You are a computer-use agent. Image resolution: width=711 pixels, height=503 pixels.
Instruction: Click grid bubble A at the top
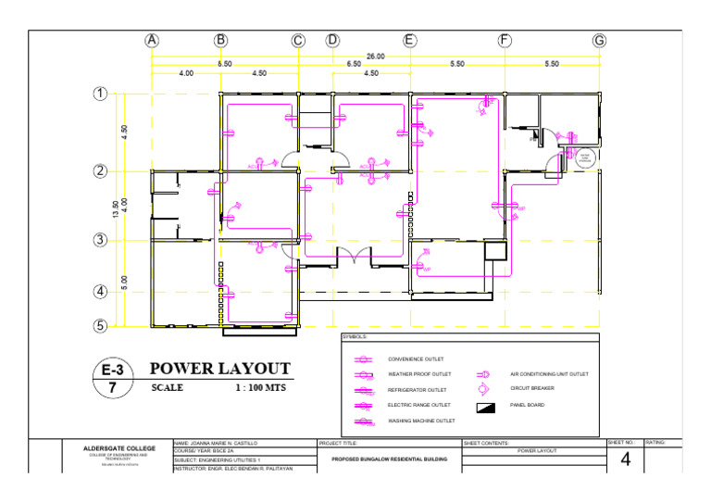152,41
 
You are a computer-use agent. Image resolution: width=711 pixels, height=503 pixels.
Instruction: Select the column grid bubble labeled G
600,41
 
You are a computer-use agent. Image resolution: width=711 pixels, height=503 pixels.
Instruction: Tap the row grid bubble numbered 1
99,94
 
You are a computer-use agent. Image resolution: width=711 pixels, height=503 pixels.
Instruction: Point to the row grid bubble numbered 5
99,326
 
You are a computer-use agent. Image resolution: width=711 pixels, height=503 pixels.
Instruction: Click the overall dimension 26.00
375,57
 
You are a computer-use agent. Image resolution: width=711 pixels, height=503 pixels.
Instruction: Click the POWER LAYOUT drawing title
220,369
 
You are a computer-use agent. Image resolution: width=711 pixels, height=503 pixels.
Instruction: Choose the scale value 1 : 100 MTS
263,388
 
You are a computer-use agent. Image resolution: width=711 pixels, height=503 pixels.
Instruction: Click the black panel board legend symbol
486,407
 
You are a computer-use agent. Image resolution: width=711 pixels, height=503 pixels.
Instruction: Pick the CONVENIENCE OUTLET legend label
416,358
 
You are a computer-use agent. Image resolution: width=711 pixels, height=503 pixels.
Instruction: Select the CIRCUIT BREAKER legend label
532,389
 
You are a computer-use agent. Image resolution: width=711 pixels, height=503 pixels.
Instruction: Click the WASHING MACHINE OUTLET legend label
421,421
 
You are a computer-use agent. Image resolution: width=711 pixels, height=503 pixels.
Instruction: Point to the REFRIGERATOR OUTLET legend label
417,390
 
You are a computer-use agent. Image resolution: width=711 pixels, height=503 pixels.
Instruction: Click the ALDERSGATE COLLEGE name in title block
119,448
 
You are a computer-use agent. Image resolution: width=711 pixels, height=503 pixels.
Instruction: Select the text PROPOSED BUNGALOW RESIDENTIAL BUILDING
389,459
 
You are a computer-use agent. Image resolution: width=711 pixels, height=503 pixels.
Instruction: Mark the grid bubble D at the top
331,41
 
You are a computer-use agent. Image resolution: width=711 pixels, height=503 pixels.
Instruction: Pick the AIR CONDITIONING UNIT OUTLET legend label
550,374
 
